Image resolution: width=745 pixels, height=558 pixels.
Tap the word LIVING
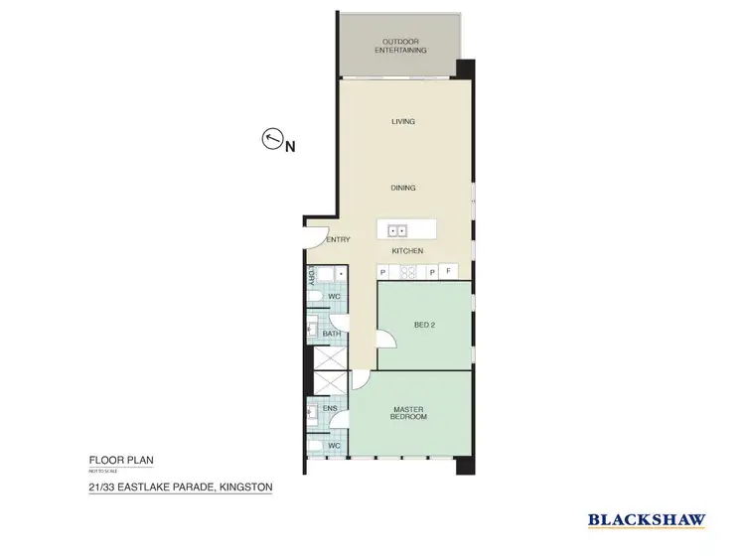point(402,121)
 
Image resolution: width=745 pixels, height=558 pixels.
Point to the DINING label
point(402,188)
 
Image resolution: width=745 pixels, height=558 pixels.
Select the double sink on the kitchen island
point(399,230)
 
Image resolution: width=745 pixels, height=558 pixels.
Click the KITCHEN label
point(407,251)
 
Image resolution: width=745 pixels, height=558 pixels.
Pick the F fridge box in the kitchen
point(449,271)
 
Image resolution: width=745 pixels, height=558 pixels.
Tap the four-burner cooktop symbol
point(407,271)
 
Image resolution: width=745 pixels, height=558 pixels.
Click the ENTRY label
point(339,239)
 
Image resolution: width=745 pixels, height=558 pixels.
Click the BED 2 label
point(424,325)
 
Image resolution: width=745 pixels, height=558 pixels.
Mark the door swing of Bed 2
point(387,340)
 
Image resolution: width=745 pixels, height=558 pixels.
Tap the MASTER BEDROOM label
point(408,412)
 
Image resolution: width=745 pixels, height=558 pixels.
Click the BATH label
point(331,334)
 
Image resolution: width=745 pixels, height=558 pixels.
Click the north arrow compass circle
point(271,140)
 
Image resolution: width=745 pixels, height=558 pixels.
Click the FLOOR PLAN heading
point(121,461)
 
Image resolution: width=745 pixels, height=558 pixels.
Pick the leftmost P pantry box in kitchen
point(382,271)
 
